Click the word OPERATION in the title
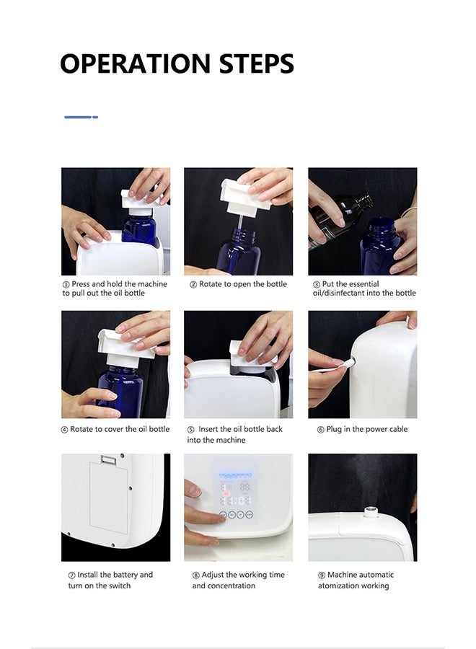[136, 63]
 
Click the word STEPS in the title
[257, 63]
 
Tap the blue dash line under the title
[81, 117]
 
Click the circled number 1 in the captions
[66, 284]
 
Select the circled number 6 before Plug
[321, 430]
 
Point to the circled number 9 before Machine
[322, 575]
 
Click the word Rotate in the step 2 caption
[211, 284]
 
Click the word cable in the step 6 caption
[397, 429]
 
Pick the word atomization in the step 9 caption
[338, 586]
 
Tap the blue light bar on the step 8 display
[234, 475]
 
